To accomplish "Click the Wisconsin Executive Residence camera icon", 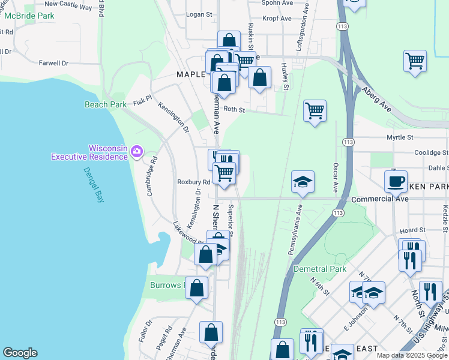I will pyautogui.click(x=136, y=151).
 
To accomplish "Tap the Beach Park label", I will pyautogui.click(x=106, y=104).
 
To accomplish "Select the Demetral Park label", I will pyautogui.click(x=320, y=269).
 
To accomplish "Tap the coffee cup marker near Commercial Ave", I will pyautogui.click(x=396, y=181).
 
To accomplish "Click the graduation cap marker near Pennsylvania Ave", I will pyautogui.click(x=303, y=181).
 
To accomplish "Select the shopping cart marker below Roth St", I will pyautogui.click(x=315, y=111).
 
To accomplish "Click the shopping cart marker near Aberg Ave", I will pyautogui.click(x=415, y=61).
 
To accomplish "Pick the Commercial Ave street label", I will pyautogui.click(x=376, y=199).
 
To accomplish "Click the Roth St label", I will pyautogui.click(x=234, y=110).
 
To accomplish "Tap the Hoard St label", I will pyautogui.click(x=412, y=230).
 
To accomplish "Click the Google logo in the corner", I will pyautogui.click(x=20, y=353).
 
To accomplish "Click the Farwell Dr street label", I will pyautogui.click(x=53, y=62).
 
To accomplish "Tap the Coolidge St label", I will pyautogui.click(x=427, y=152).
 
